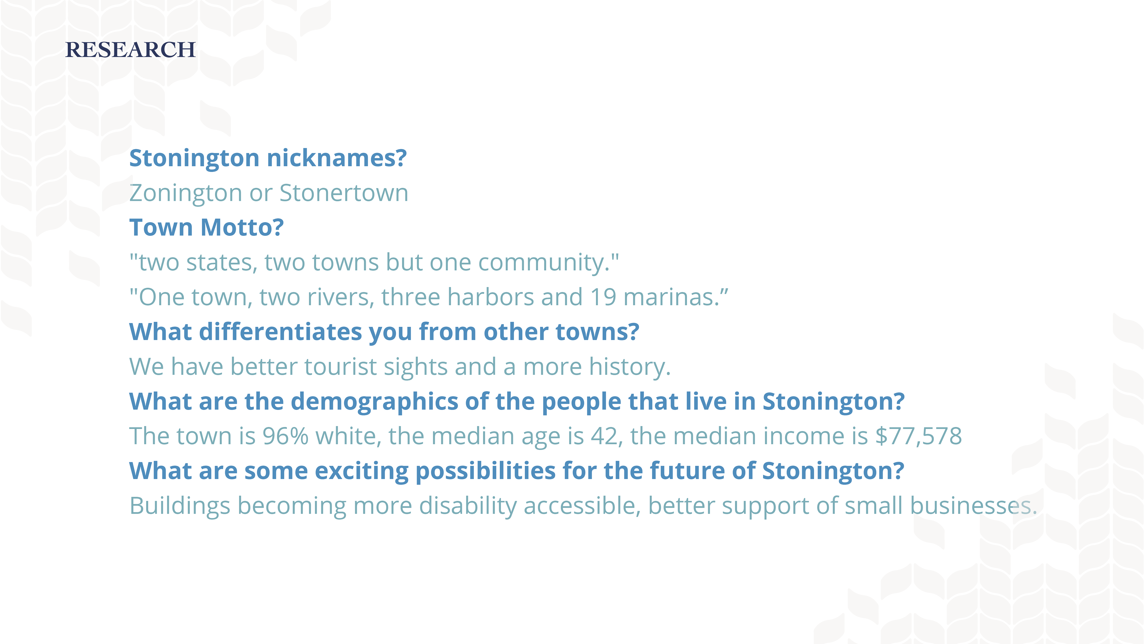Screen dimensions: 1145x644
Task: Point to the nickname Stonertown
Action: pos(343,193)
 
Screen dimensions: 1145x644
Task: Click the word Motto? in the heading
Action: pos(242,227)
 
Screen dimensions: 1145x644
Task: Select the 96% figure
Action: pos(285,436)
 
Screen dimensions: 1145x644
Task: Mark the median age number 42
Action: pos(604,436)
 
